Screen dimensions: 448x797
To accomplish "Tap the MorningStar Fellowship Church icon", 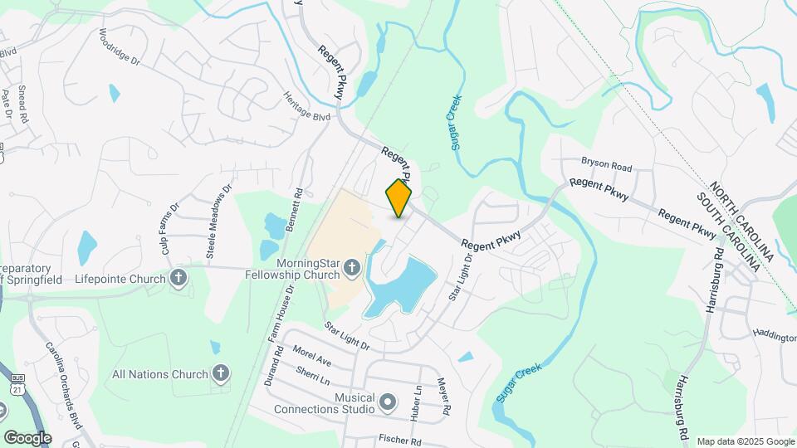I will pyautogui.click(x=351, y=268).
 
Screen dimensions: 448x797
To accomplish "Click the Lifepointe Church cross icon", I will pyautogui.click(x=178, y=279).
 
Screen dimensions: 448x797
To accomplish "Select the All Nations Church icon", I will pyautogui.click(x=220, y=373).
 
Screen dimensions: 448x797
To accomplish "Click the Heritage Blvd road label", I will pyautogui.click(x=307, y=106).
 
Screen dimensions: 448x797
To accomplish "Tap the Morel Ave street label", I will pyautogui.click(x=313, y=356).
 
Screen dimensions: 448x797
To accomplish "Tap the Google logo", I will pyautogui.click(x=27, y=437).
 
